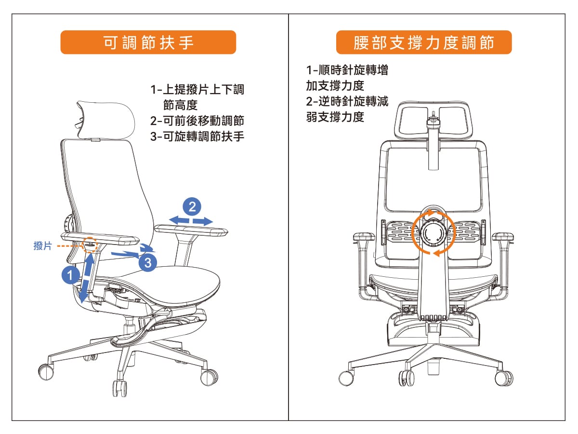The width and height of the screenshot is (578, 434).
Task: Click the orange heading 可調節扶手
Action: [148, 42]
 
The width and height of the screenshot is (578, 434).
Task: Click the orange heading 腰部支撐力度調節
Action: [424, 42]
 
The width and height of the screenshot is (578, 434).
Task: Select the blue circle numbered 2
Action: [192, 206]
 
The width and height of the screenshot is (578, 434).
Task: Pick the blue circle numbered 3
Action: [148, 262]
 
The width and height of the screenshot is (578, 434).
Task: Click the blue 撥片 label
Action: [43, 245]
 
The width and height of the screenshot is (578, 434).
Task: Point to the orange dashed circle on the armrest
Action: [90, 245]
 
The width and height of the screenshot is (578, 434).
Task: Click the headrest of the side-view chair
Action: [105, 120]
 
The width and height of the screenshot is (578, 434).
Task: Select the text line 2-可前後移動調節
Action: [197, 121]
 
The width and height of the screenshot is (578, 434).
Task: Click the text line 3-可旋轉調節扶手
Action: [197, 136]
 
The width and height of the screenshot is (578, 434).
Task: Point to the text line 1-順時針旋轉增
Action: [347, 70]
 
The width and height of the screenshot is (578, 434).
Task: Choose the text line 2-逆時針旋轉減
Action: [347, 101]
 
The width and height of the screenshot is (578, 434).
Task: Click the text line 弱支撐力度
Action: [335, 117]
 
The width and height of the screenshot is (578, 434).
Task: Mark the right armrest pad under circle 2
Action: [191, 231]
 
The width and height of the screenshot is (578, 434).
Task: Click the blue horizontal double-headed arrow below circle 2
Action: [191, 220]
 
